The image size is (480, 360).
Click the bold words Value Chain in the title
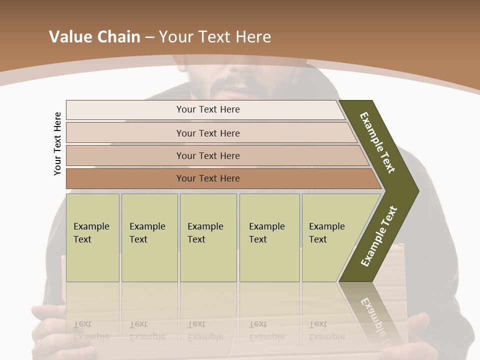(x=94, y=37)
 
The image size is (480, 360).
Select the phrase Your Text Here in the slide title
(x=215, y=37)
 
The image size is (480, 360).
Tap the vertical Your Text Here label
(x=57, y=143)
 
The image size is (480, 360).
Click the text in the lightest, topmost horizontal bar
(x=208, y=109)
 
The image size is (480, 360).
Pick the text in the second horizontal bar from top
(x=208, y=133)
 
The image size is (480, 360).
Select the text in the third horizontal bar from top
(x=208, y=156)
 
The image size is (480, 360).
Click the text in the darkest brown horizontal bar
(x=208, y=178)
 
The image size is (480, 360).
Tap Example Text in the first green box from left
(x=91, y=233)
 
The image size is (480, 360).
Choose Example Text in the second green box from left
(x=147, y=233)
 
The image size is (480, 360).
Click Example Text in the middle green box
(x=205, y=233)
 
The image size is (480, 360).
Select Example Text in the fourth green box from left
(x=266, y=233)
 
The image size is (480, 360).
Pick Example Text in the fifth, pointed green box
(x=326, y=233)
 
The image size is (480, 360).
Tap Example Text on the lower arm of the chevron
(x=379, y=236)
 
